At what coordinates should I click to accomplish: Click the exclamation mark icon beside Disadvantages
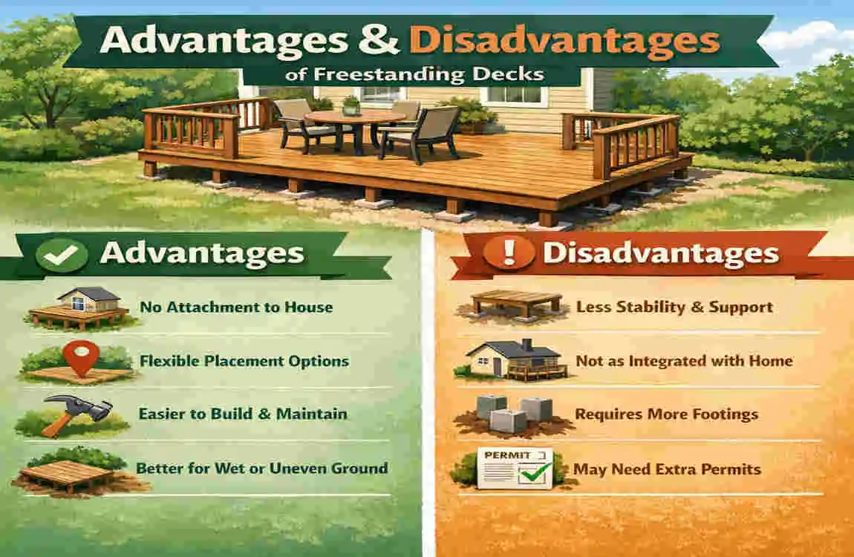(508, 253)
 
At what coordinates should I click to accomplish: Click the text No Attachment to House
(235, 306)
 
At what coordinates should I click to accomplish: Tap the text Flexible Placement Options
(244, 361)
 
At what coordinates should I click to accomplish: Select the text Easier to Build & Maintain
(242, 413)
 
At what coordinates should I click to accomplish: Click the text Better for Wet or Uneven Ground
(261, 468)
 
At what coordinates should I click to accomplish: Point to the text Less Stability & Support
(674, 307)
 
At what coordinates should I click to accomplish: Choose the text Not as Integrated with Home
(684, 361)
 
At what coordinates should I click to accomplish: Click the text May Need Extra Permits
(667, 469)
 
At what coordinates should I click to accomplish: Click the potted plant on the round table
(351, 106)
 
